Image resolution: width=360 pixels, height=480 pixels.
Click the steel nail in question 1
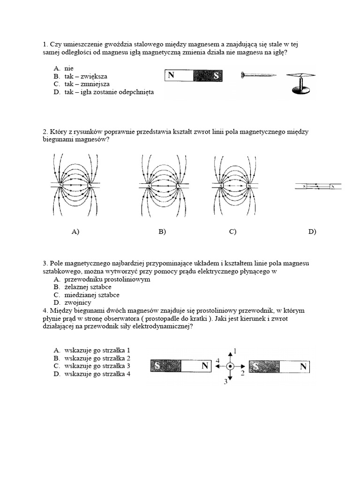point(258,75)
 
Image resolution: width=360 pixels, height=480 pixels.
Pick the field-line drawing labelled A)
point(75,186)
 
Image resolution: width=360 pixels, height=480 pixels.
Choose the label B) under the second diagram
point(162,232)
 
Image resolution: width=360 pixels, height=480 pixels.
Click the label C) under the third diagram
point(232,232)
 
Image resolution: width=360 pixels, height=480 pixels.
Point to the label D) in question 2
point(312,232)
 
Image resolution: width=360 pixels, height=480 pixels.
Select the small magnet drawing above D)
point(318,187)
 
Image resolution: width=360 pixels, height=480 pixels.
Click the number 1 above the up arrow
point(235,351)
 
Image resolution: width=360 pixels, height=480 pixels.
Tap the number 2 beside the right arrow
point(242,374)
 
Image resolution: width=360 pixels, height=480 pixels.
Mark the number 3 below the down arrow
point(225,382)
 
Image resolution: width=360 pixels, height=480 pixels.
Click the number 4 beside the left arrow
point(217,360)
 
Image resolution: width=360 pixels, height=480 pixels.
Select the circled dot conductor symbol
point(230,367)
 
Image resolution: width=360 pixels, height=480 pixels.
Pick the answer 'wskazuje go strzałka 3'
point(97,366)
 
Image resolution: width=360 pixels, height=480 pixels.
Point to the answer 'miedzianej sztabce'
point(92,295)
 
